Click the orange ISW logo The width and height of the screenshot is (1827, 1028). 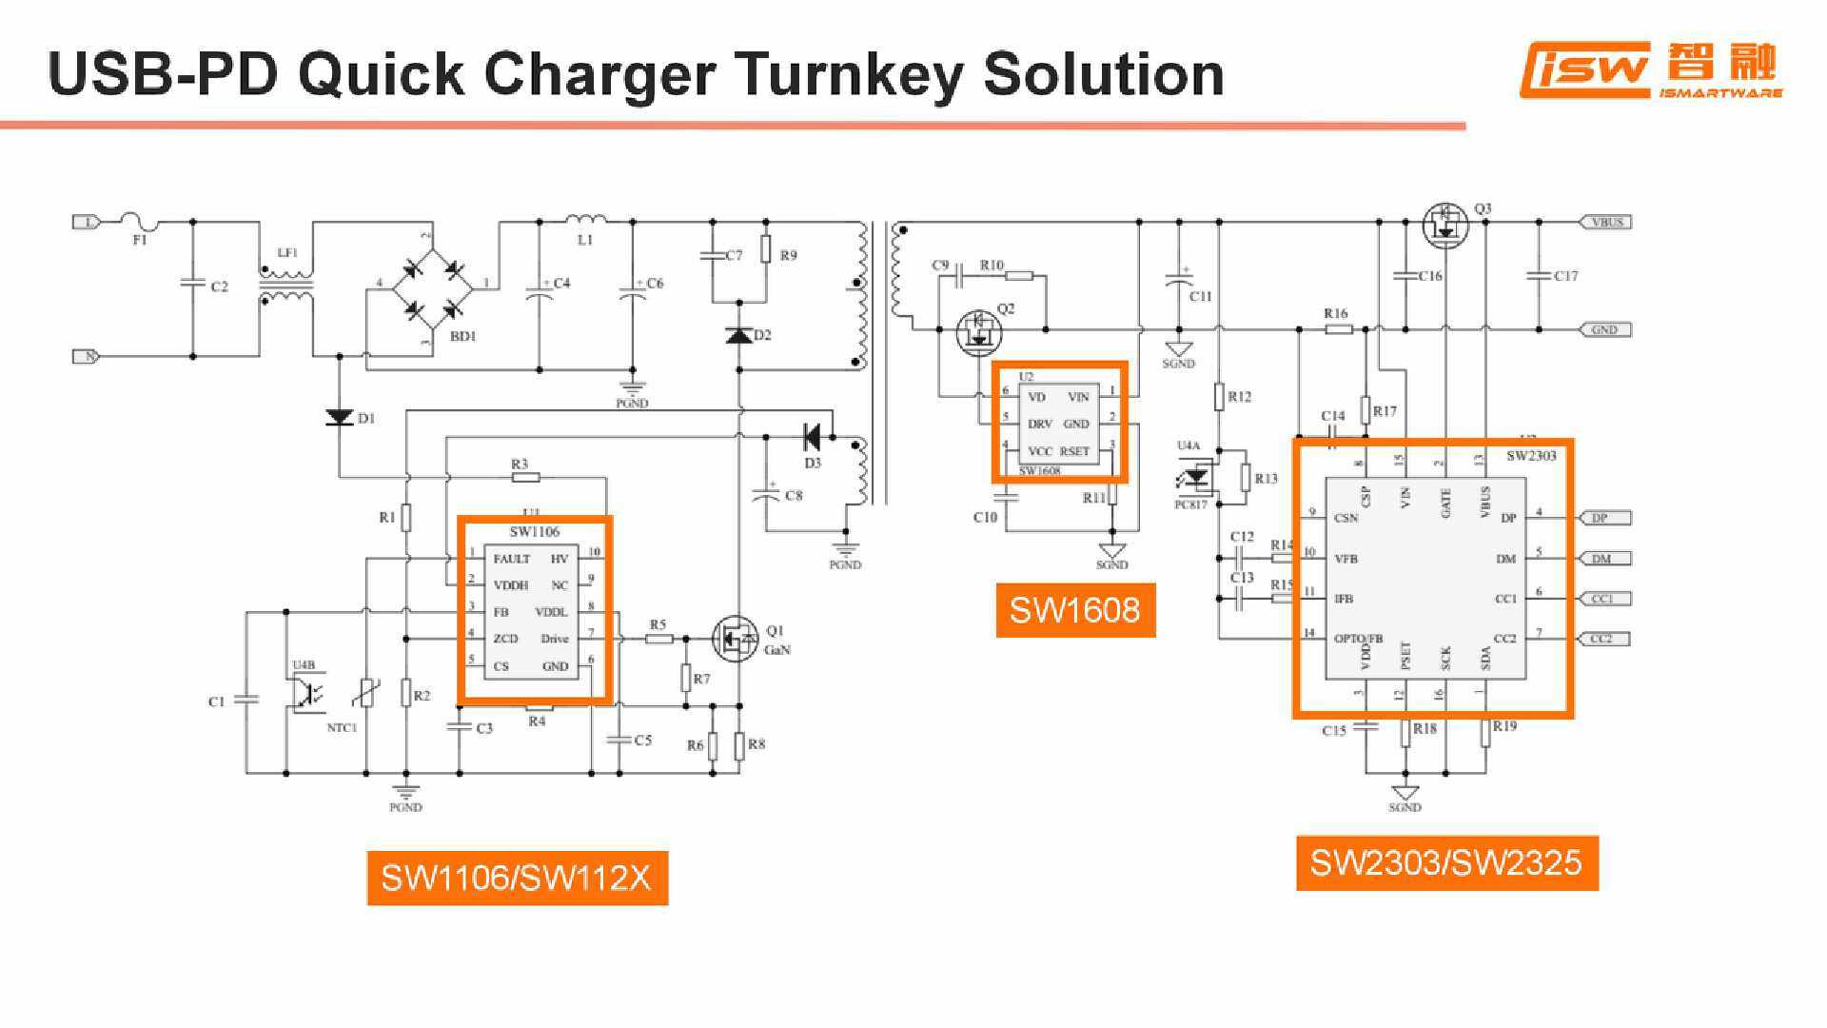[x=1584, y=69]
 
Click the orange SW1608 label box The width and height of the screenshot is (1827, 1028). [x=1074, y=610]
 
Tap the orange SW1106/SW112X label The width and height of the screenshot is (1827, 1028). [x=517, y=878]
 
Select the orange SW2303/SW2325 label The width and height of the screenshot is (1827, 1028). [x=1446, y=863]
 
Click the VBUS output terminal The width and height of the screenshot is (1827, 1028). [x=1606, y=222]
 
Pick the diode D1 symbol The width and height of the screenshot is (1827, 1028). [x=339, y=417]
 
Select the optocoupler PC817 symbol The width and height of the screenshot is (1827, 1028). [x=1196, y=476]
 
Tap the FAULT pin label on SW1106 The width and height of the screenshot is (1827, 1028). [x=511, y=559]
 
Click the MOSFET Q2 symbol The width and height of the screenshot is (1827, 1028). [x=978, y=331]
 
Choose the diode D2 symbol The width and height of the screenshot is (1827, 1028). [x=738, y=335]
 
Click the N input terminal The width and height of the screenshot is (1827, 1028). [x=87, y=356]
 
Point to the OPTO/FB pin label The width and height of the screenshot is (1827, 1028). [x=1358, y=639]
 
